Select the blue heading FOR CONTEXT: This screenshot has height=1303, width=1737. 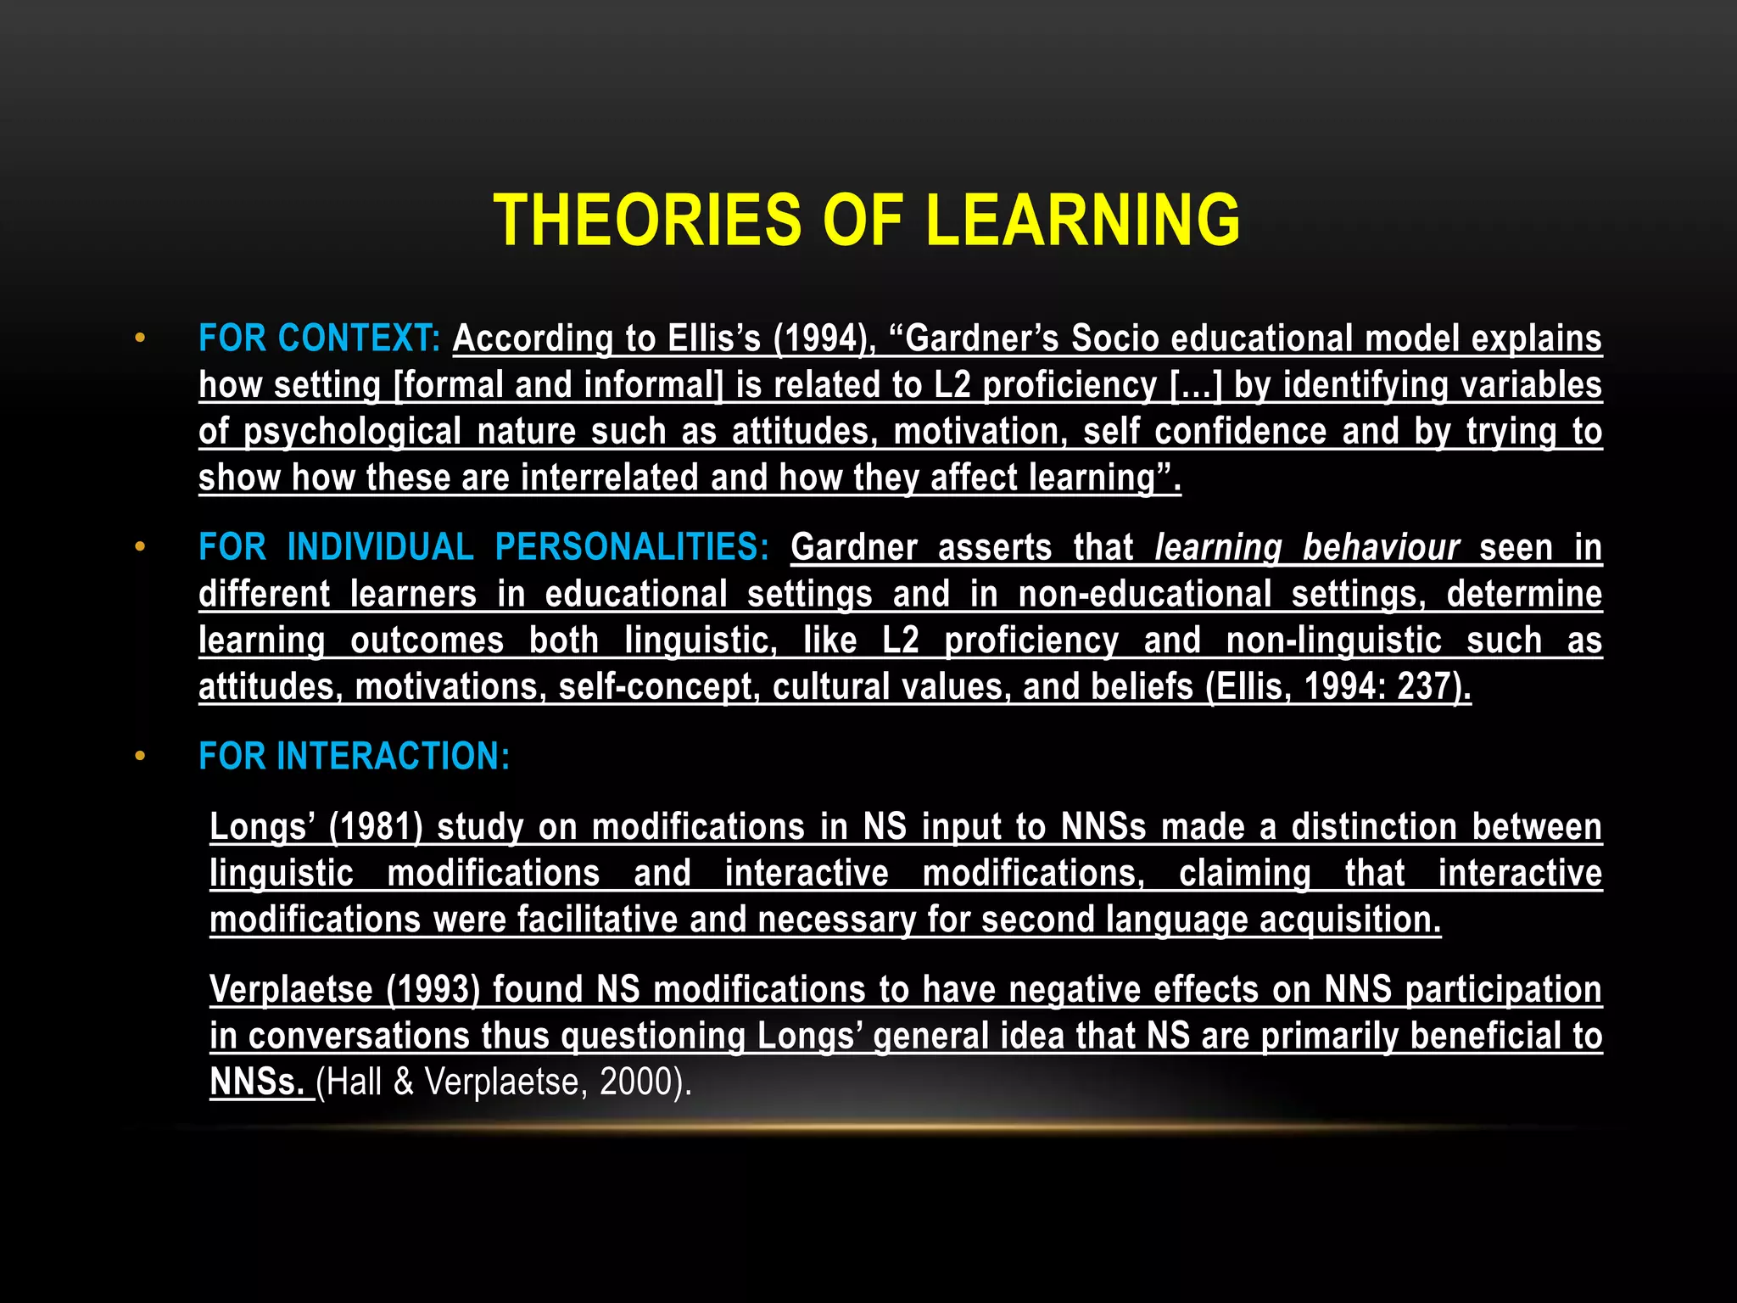pyautogui.click(x=319, y=338)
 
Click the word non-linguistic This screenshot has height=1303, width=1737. pyautogui.click(x=1334, y=640)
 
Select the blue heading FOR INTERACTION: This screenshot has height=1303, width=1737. pyautogui.click(x=355, y=756)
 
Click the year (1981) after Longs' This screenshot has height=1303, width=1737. pyautogui.click(x=375, y=827)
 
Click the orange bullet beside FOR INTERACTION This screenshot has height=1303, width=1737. pyautogui.click(x=140, y=756)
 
